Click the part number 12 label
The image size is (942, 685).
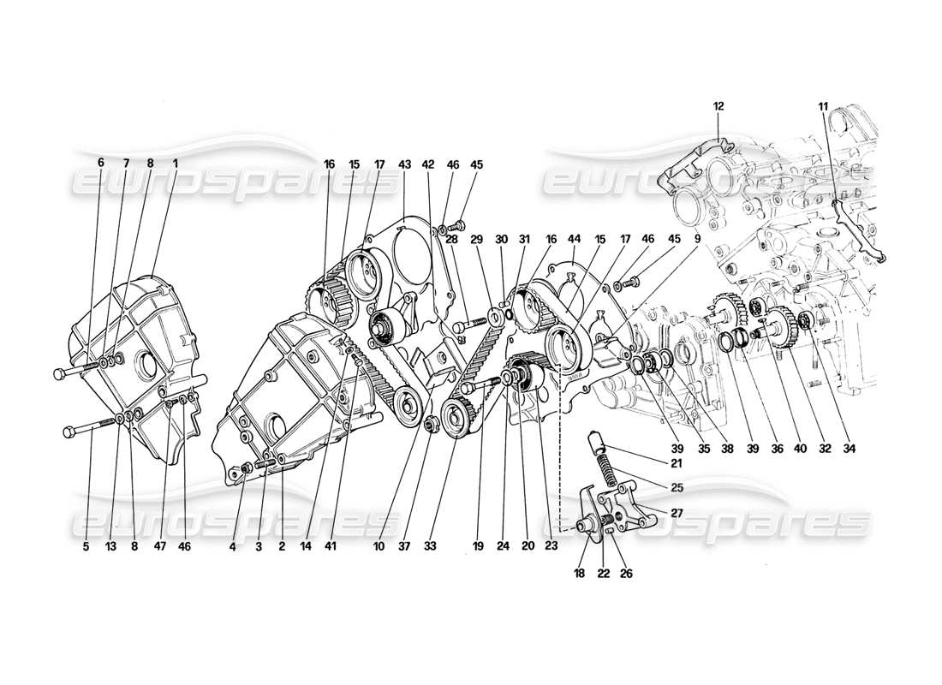(718, 106)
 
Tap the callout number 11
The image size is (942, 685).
(823, 106)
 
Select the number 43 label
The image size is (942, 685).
(404, 164)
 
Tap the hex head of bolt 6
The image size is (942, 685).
(59, 374)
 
